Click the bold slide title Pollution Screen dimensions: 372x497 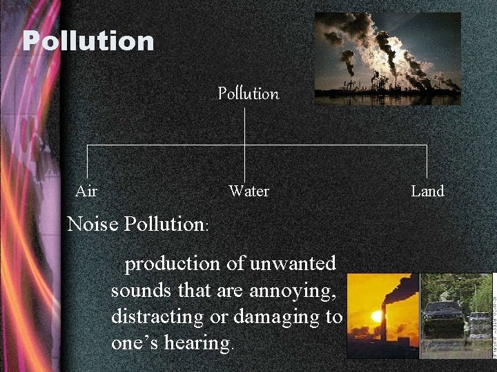coord(88,41)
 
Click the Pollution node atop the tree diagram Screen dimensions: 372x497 coord(248,94)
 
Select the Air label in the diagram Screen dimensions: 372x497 coord(86,192)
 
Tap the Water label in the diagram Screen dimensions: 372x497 coord(248,192)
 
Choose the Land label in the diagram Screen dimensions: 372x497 coord(427,192)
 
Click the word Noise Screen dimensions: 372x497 coord(93,224)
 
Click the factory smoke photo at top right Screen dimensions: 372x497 coord(387,59)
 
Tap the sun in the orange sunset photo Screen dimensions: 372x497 coord(376,317)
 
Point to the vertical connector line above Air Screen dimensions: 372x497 coord(87,162)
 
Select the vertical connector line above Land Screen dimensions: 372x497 coord(427,162)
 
